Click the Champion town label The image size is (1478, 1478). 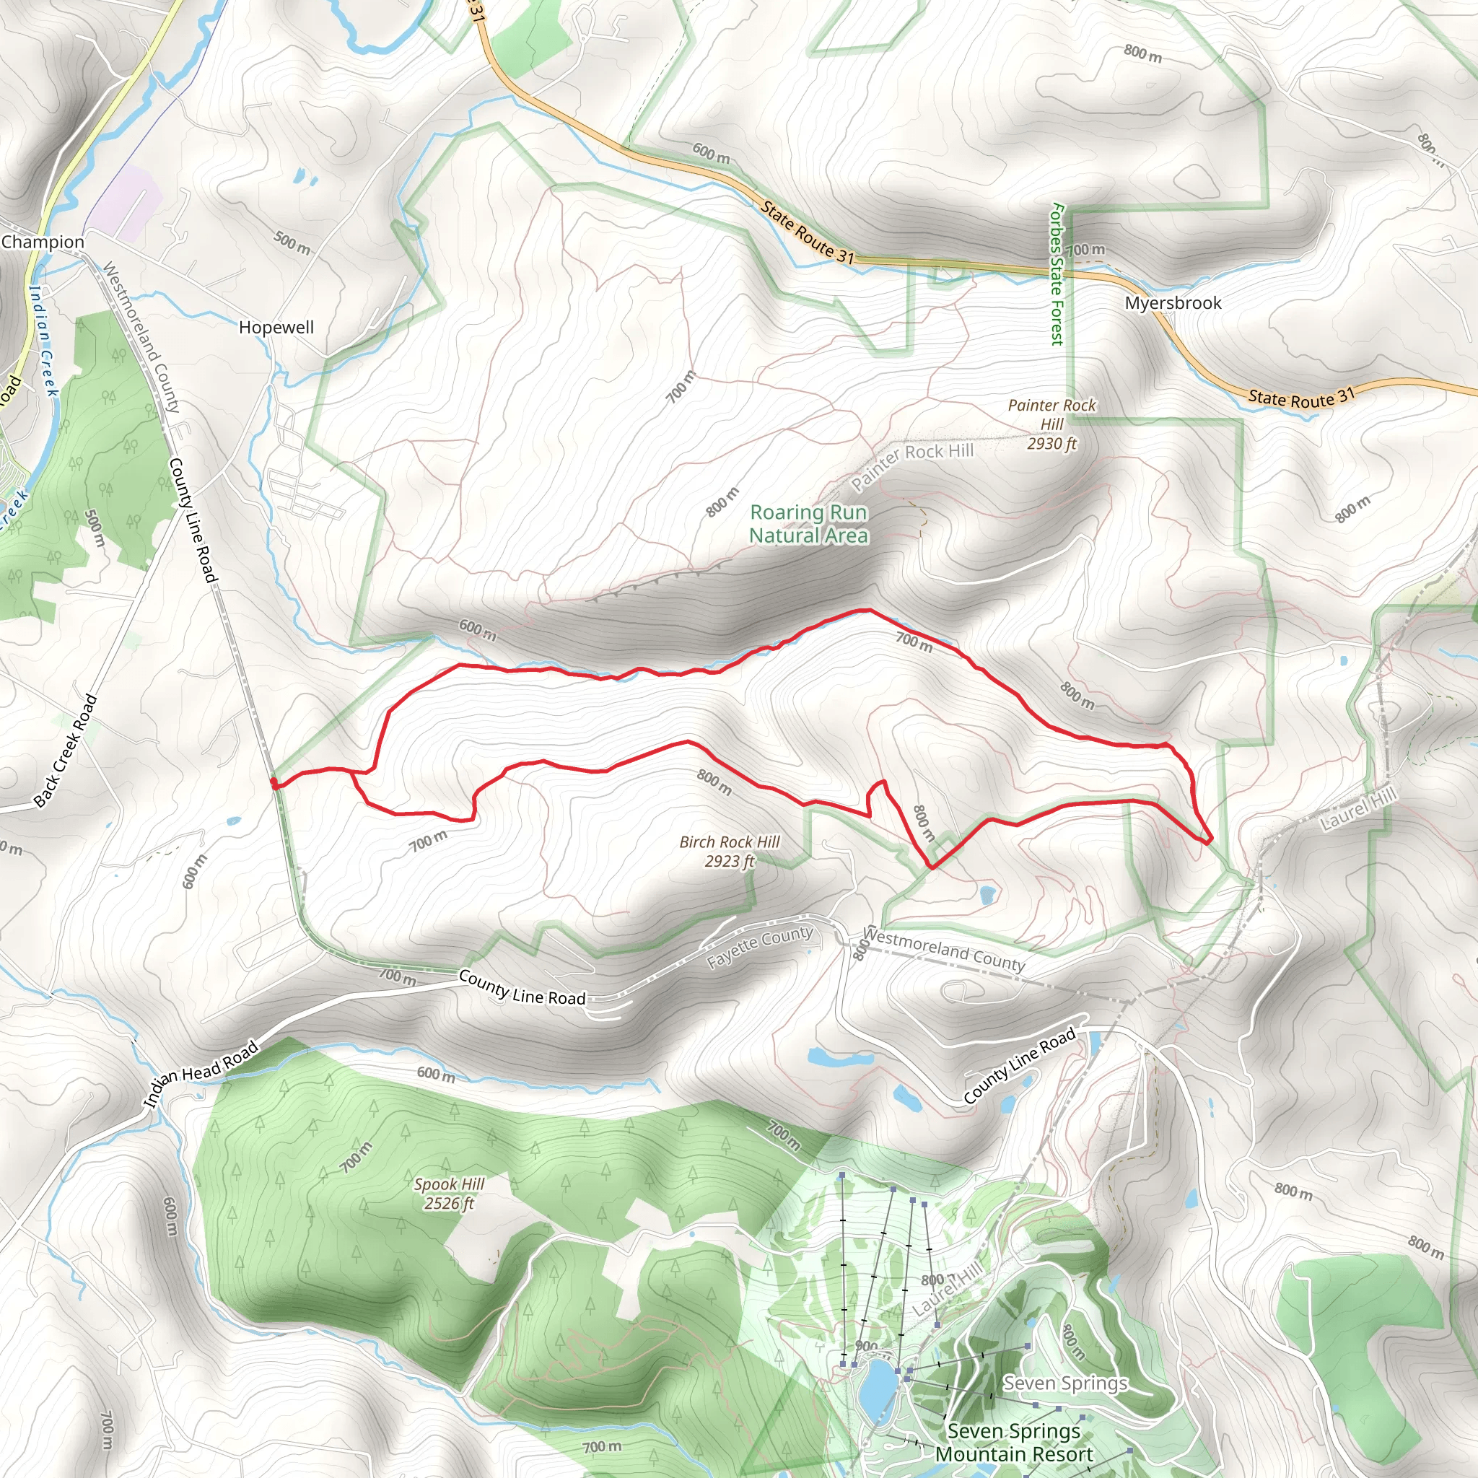[43, 242]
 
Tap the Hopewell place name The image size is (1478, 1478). [276, 328]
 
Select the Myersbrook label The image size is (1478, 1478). [1173, 303]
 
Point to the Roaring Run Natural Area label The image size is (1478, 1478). [808, 524]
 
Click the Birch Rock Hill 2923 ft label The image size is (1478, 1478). [730, 852]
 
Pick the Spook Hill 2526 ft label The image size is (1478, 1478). [449, 1194]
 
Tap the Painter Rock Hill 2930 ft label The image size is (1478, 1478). [1052, 424]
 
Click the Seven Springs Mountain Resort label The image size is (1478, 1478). [1015, 1442]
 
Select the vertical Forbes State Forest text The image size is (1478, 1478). [1057, 274]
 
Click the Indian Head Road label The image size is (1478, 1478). [201, 1074]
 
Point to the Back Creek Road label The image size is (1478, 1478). [66, 751]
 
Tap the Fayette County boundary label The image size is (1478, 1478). [759, 946]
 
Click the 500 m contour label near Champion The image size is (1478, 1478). [292, 243]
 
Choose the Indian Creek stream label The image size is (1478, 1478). [43, 341]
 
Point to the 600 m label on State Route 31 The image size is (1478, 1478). [711, 153]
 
